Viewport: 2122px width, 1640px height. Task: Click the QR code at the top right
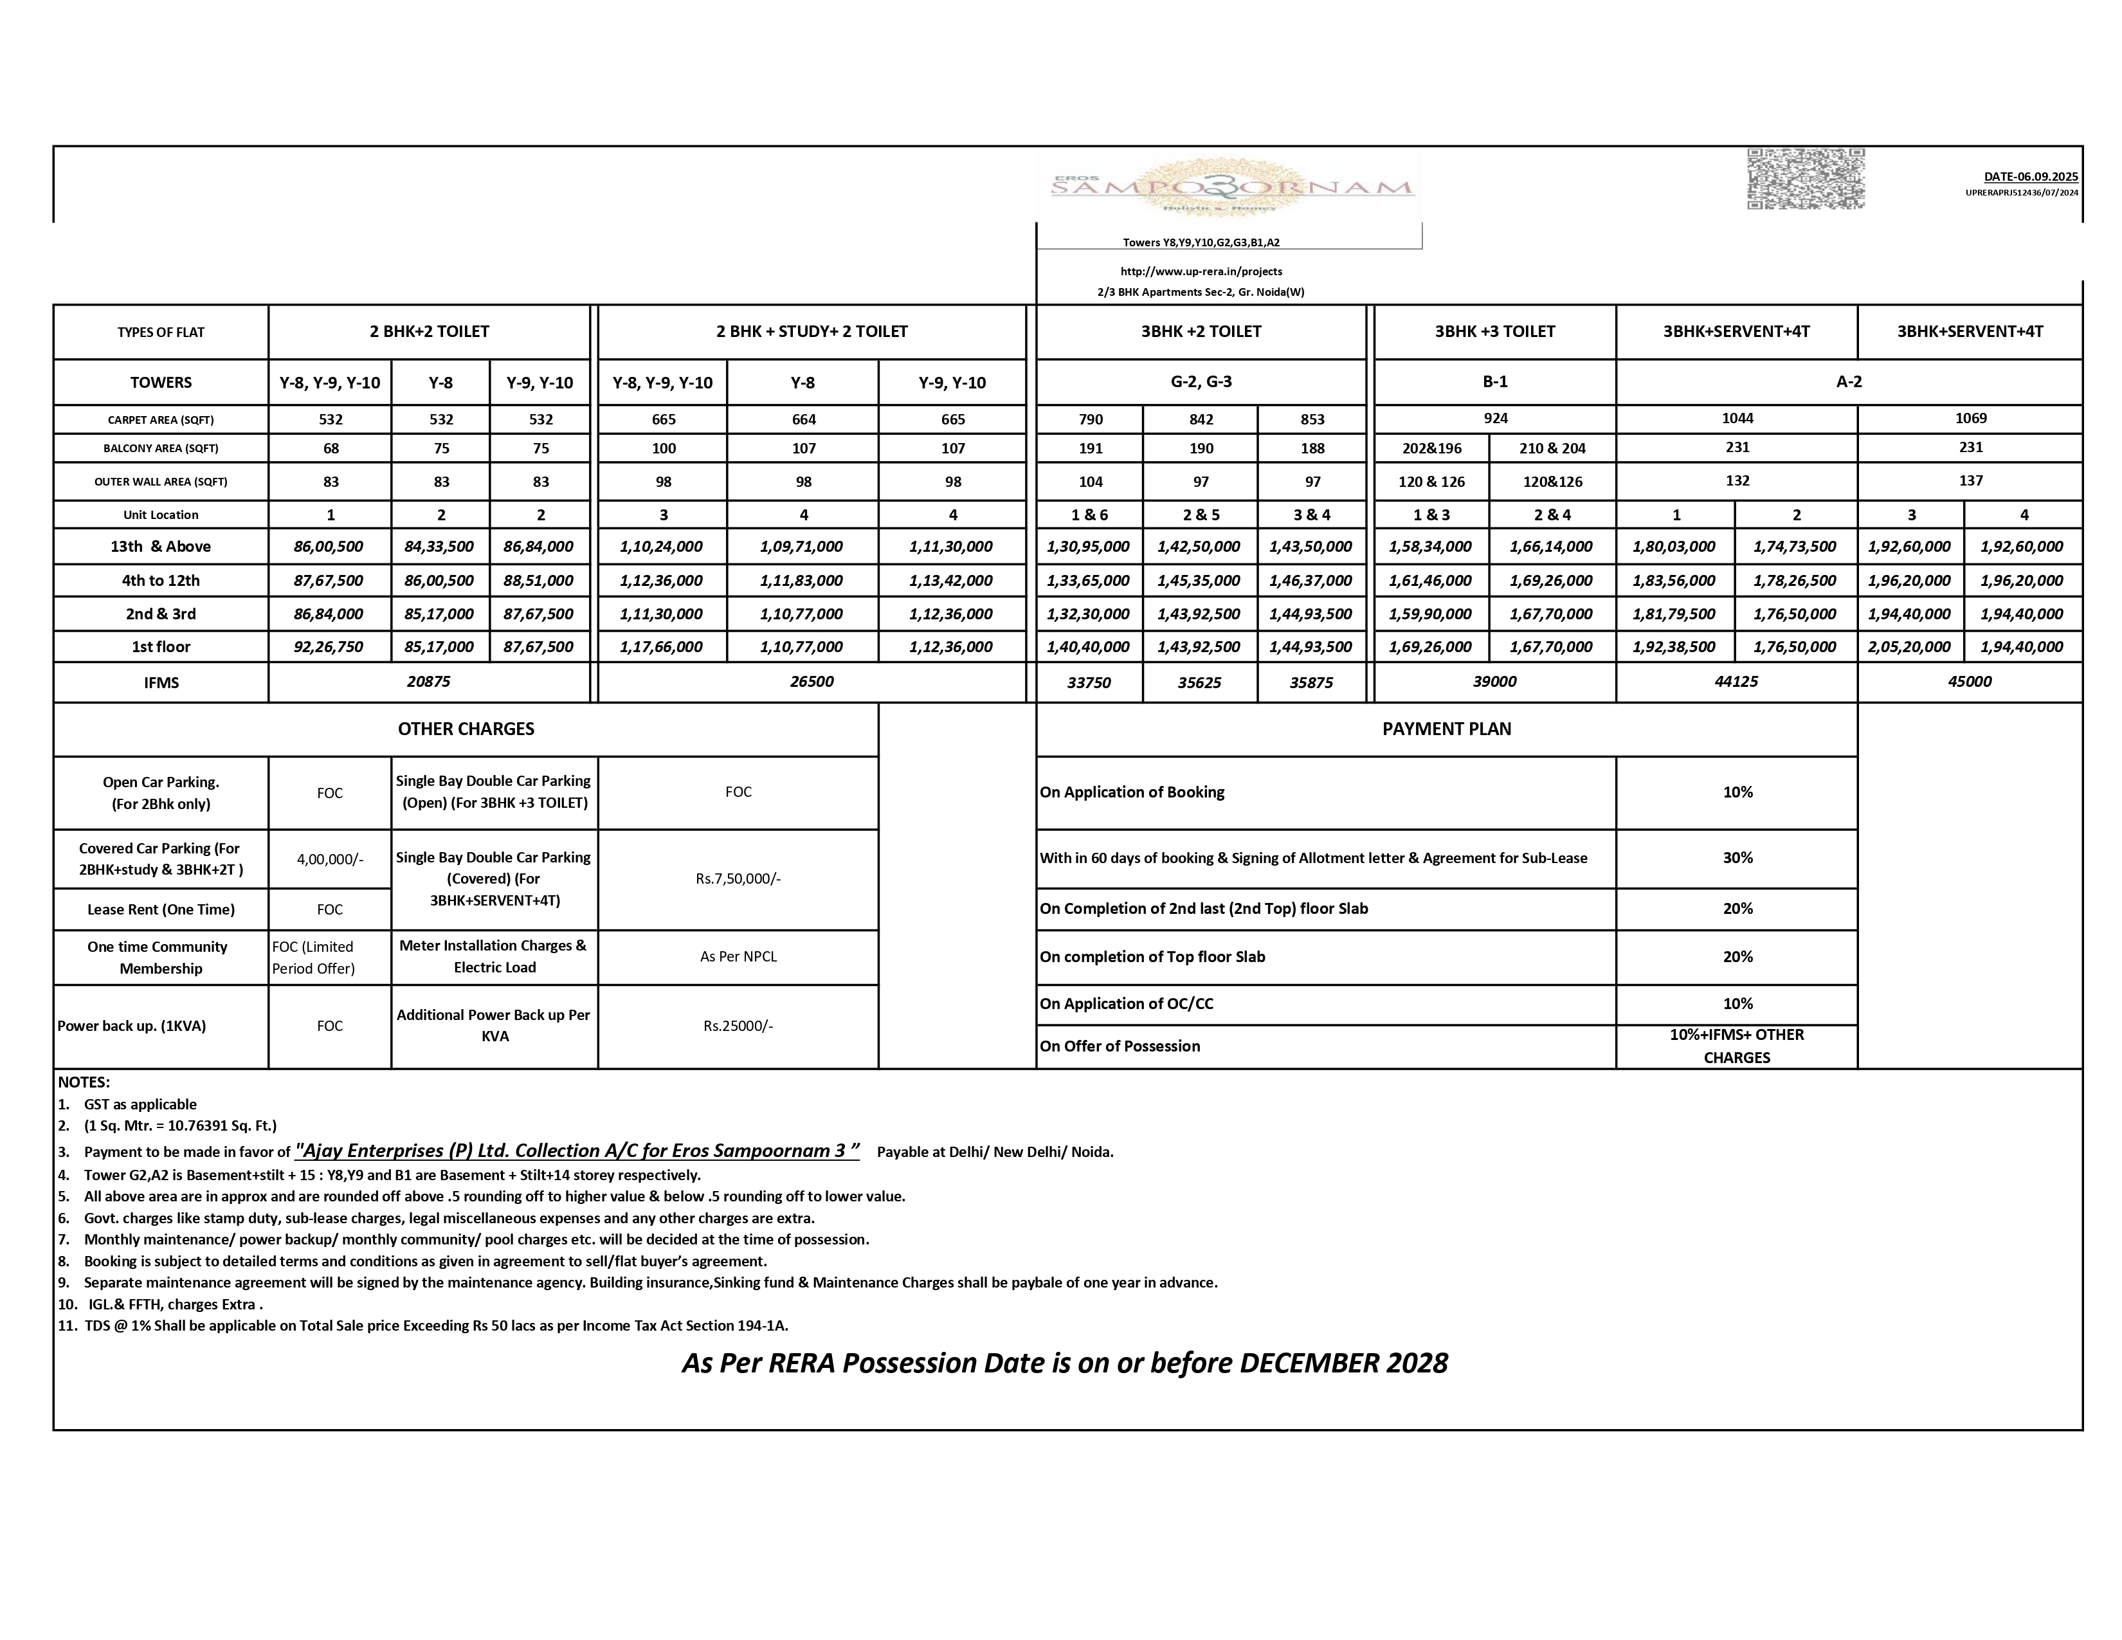1805,179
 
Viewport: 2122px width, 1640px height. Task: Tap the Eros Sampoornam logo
1232,188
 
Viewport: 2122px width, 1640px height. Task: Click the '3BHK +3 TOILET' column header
1494,331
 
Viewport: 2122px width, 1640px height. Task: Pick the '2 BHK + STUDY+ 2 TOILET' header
812,331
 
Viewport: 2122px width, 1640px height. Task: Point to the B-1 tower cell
1494,382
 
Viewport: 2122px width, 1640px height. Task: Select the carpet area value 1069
1970,418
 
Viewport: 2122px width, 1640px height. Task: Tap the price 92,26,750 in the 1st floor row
329,646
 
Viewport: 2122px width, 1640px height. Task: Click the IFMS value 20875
428,681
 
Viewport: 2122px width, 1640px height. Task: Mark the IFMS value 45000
1970,681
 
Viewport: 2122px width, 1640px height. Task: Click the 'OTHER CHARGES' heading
466,729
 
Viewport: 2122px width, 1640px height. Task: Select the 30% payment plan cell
1737,858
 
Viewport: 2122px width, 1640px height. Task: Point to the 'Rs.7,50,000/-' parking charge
738,879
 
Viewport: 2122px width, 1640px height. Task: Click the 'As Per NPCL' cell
738,956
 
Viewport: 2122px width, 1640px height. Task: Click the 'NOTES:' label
84,1081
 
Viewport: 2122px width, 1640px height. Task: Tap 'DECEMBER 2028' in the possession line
1343,1363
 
